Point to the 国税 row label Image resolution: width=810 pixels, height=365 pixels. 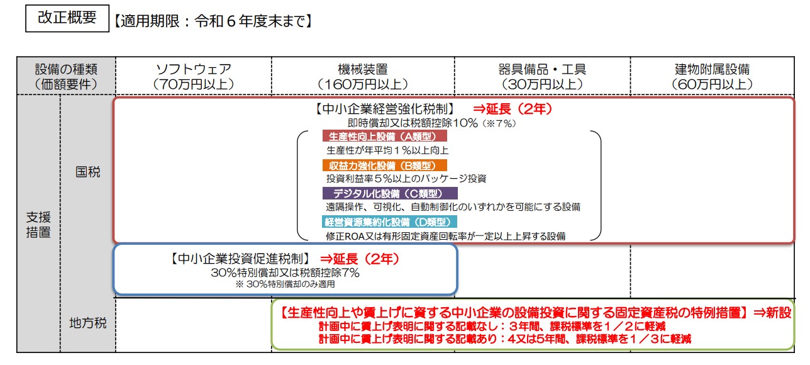pyautogui.click(x=87, y=172)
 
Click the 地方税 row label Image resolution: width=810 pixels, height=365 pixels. pyautogui.click(x=87, y=323)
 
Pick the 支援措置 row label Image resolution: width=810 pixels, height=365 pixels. pyautogui.click(x=38, y=224)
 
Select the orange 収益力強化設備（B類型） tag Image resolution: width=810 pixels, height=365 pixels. pyautogui.click(x=384, y=166)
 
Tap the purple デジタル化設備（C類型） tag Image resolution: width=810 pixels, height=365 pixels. pyautogui.click(x=390, y=193)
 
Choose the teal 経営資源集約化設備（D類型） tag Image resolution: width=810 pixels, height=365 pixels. pyautogui.click(x=389, y=222)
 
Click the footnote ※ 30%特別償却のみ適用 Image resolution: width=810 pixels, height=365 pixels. pyautogui.click(x=285, y=284)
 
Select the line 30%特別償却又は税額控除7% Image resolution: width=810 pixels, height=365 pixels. pyautogui.click(x=285, y=272)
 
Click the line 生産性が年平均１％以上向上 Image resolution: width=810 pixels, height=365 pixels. pyautogui.click(x=387, y=150)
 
